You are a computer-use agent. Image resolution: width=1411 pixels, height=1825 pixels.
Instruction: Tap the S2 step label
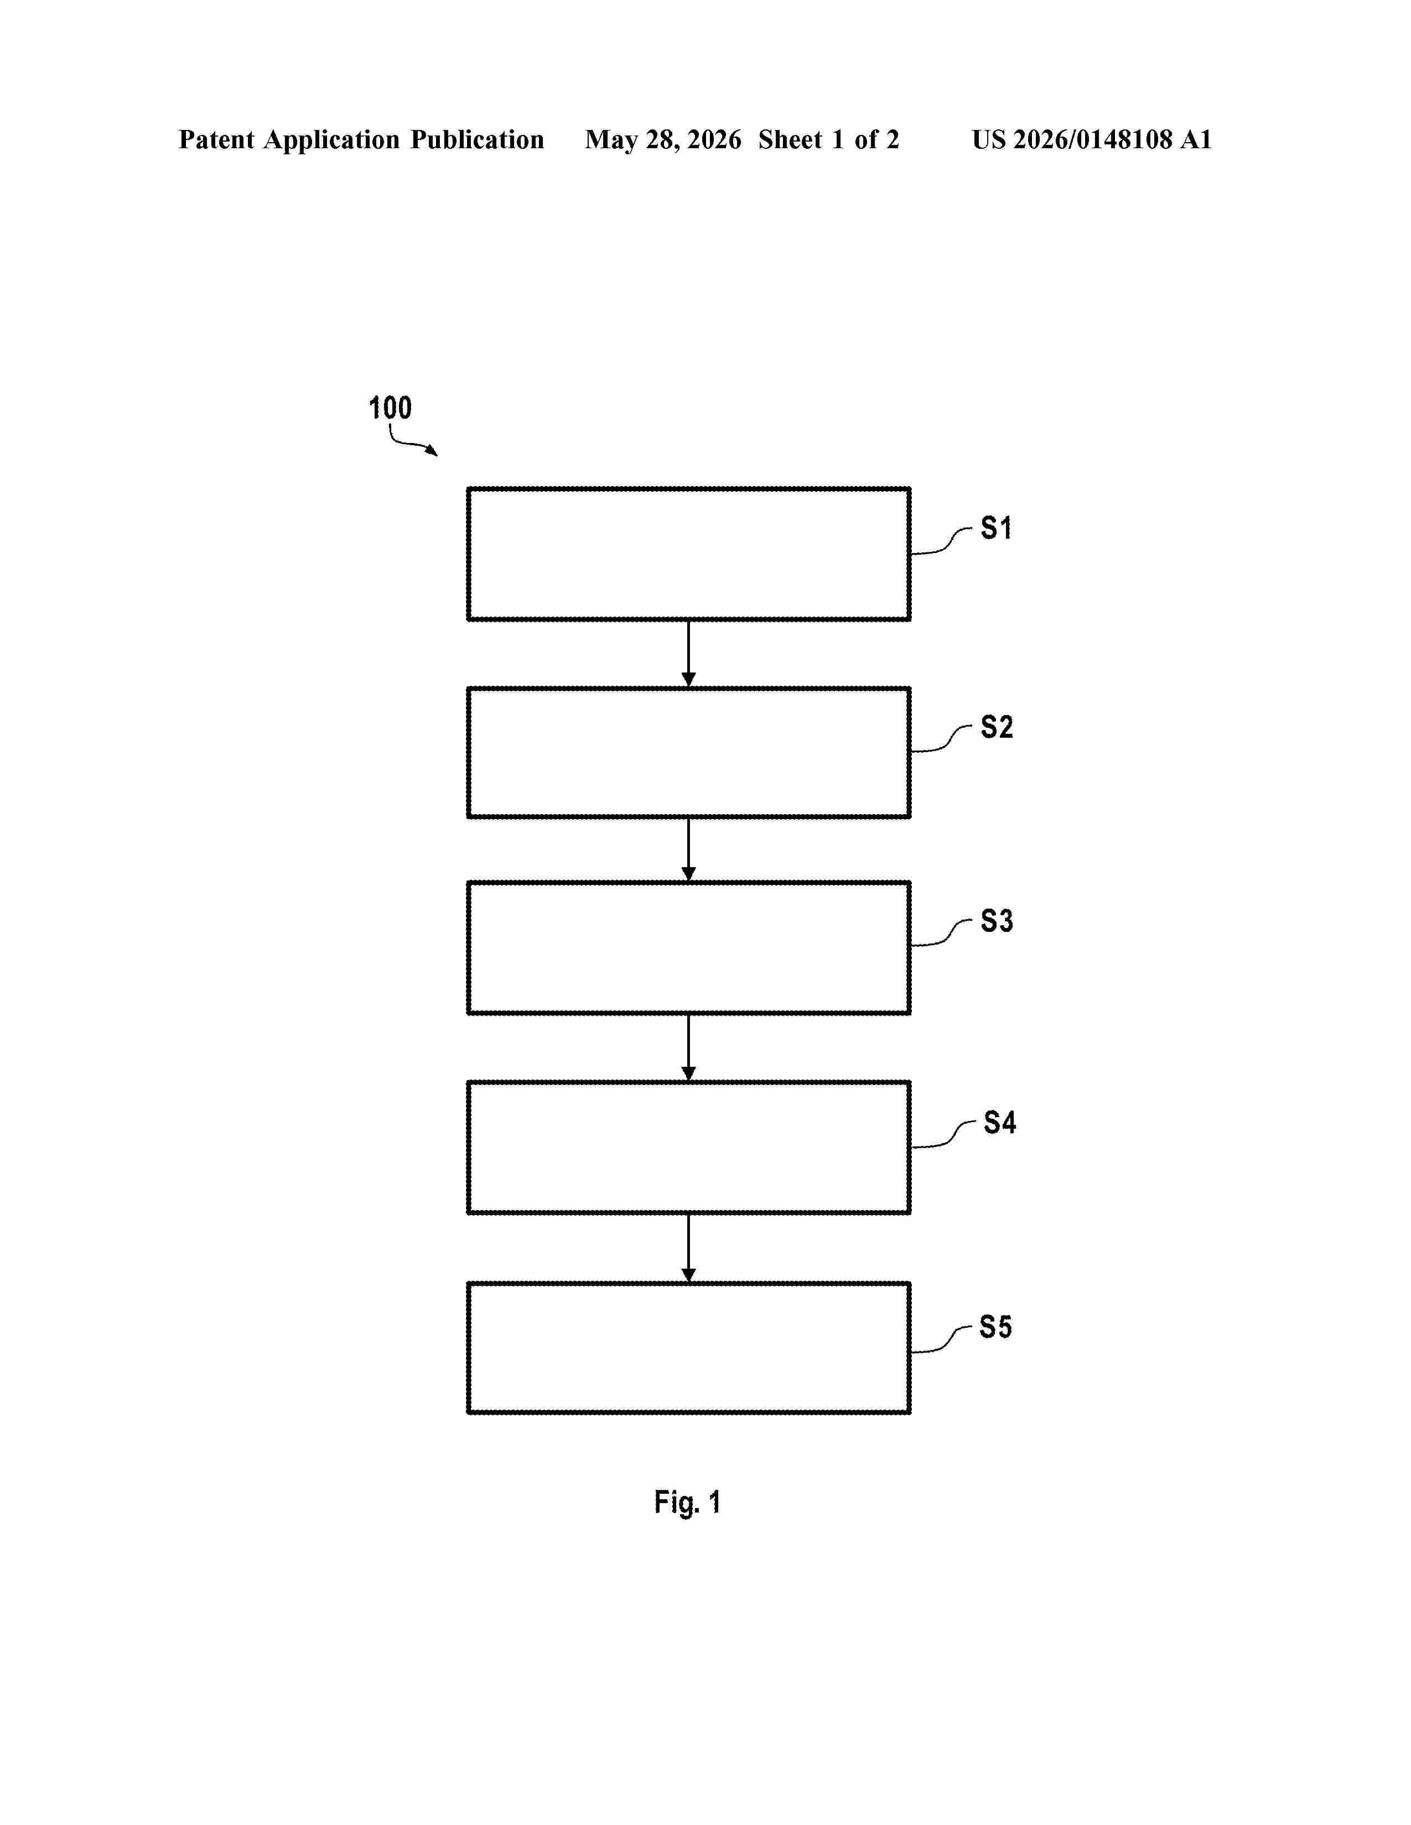click(x=997, y=727)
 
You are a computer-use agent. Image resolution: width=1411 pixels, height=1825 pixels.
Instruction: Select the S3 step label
click(x=997, y=921)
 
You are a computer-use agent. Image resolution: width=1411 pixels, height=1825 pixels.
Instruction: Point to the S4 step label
click(x=1000, y=1122)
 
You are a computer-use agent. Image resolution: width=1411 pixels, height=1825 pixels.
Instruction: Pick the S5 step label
click(x=995, y=1327)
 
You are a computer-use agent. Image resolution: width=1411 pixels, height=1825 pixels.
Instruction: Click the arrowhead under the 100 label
click(x=432, y=451)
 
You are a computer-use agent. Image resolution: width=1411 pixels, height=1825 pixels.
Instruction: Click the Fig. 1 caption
click(x=687, y=1503)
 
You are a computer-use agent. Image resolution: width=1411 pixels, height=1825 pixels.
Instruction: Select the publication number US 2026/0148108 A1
click(x=1092, y=139)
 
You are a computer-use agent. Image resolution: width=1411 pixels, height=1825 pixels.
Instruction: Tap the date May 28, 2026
click(x=663, y=139)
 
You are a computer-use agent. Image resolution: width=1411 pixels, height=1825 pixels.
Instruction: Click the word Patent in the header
click(x=216, y=139)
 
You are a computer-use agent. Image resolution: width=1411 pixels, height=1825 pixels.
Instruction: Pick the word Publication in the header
click(x=478, y=139)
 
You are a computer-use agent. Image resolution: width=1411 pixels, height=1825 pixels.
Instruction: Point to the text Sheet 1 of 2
click(x=828, y=139)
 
